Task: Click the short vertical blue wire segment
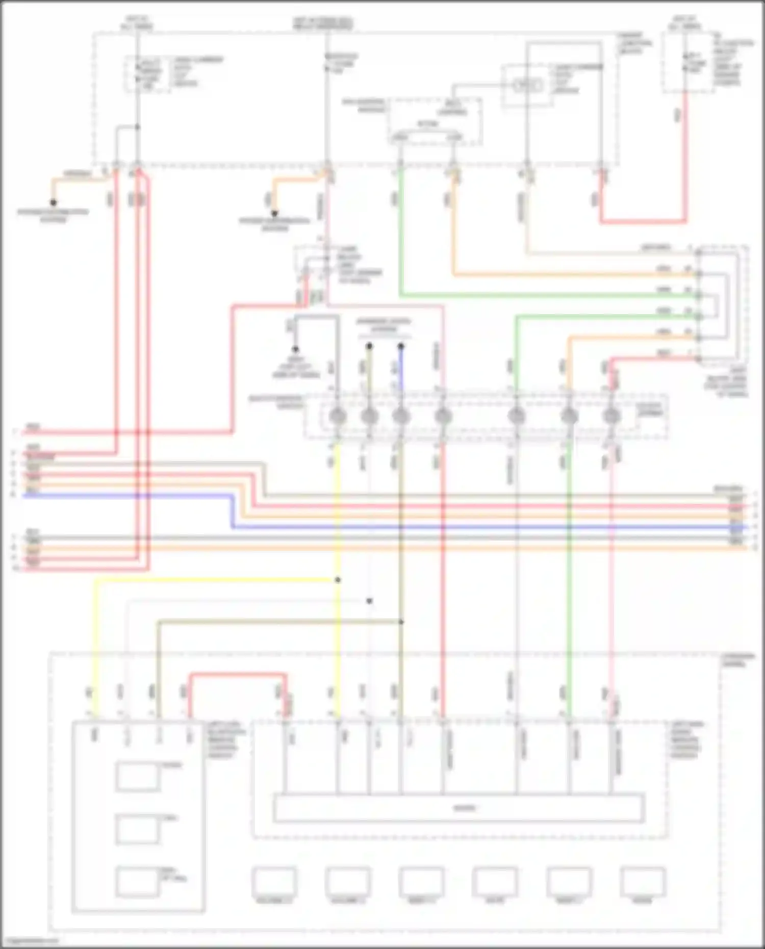[x=401, y=370]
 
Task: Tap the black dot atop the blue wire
[x=401, y=346]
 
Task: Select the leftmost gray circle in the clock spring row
[x=337, y=417]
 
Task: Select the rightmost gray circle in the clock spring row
[x=611, y=417]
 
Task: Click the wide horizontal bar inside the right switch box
[x=459, y=808]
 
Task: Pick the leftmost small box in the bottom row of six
[x=274, y=882]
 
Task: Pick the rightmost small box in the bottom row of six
[x=643, y=882]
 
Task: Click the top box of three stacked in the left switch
[x=137, y=776]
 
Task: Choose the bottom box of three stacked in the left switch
[x=137, y=882]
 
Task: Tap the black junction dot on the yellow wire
[x=338, y=580]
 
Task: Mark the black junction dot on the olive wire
[x=401, y=622]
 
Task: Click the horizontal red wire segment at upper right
[x=643, y=222]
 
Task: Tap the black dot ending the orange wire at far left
[x=53, y=202]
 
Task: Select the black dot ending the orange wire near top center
[x=274, y=214]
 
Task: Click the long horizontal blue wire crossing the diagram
[x=484, y=527]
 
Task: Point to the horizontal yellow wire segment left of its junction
[x=214, y=580]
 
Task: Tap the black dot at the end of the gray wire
[x=295, y=349]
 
